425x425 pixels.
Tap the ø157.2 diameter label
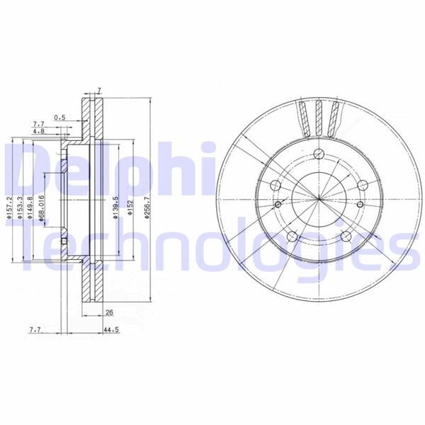click(9, 208)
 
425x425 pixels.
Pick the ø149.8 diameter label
click(30, 208)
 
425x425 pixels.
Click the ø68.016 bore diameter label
click(42, 210)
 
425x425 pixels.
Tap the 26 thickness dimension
click(108, 312)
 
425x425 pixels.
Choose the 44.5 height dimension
click(110, 330)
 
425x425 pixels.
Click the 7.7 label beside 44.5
click(35, 330)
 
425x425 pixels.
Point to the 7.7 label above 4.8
click(38, 124)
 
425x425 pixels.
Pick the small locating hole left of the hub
click(278, 205)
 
